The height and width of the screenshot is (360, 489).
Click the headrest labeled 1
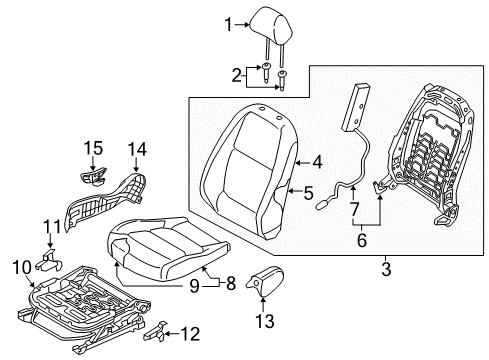click(271, 30)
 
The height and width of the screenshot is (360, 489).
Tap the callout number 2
click(236, 76)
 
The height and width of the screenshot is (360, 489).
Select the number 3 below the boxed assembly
click(386, 269)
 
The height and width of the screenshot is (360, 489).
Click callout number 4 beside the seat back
click(317, 162)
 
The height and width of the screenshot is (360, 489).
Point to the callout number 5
click(308, 193)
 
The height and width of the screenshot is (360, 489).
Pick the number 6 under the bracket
click(362, 240)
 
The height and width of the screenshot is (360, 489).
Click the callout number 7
click(354, 209)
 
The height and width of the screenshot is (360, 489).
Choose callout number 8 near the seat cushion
click(231, 283)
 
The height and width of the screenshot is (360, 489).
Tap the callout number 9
click(194, 286)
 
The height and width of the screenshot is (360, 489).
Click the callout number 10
click(22, 267)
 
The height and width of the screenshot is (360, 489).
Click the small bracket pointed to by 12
click(155, 332)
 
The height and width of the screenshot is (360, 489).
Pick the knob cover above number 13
click(265, 280)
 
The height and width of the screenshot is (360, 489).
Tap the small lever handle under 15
click(94, 175)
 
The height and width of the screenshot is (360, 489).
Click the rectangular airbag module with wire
click(356, 108)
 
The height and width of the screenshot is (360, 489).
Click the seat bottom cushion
click(167, 247)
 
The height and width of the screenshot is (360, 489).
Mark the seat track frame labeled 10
click(83, 308)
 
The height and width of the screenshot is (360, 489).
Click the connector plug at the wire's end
click(323, 204)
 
